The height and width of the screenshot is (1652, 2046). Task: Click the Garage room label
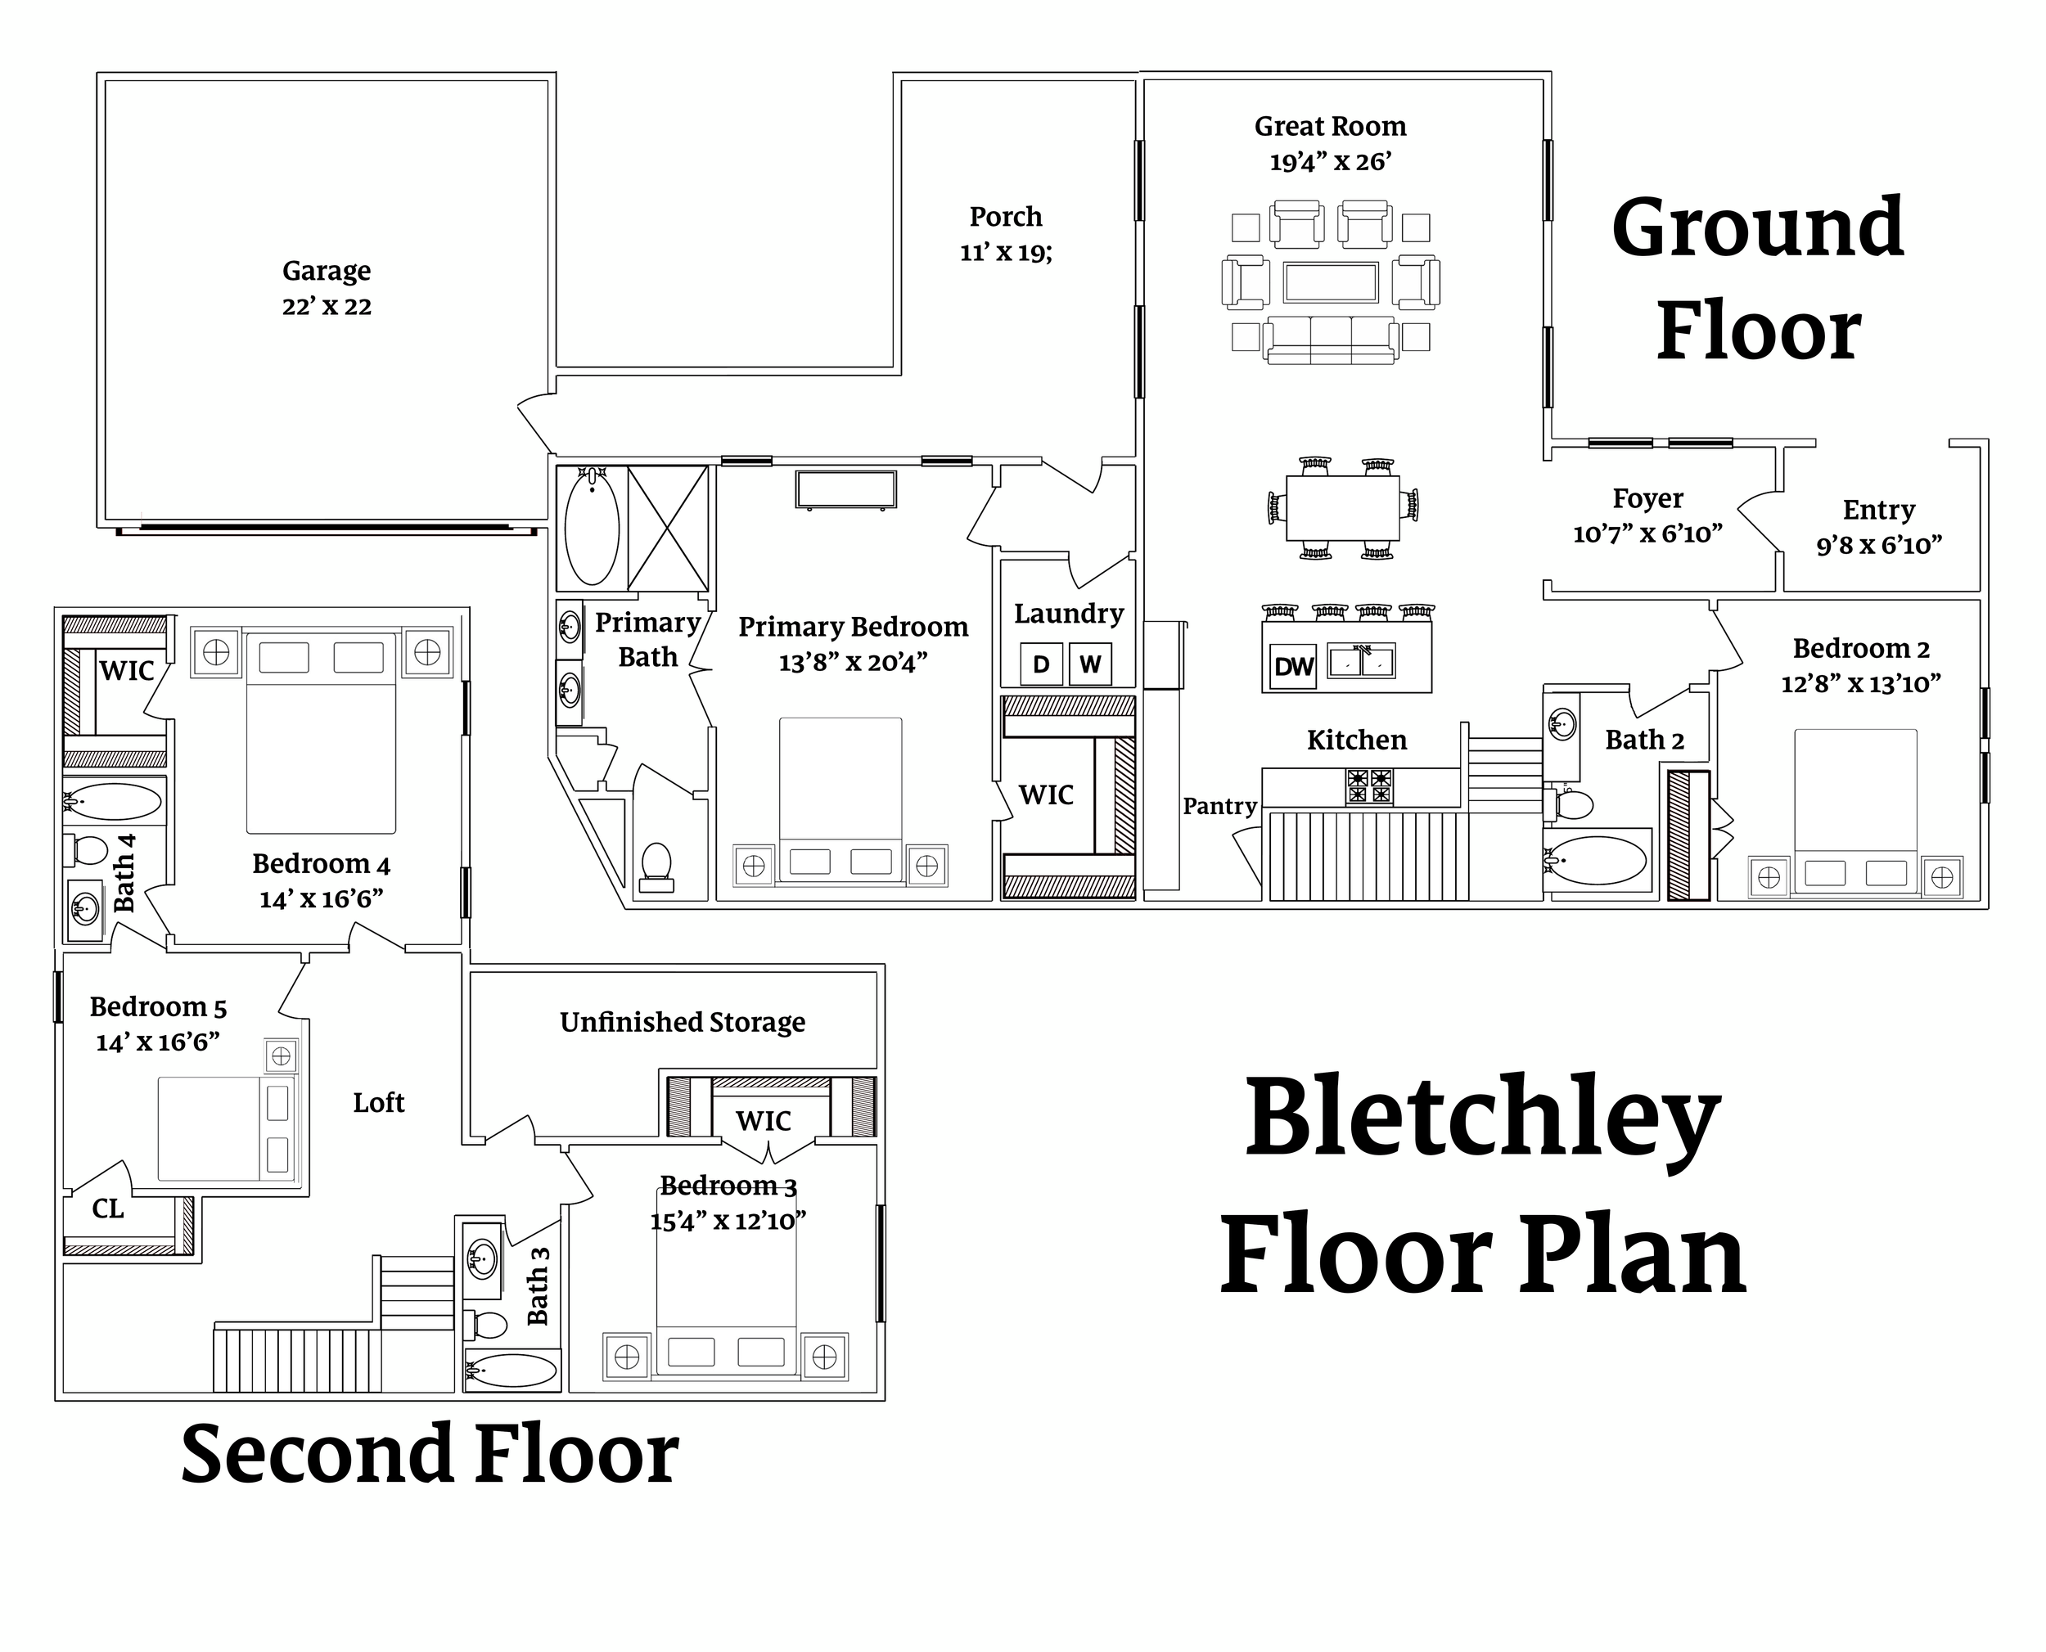pyautogui.click(x=327, y=271)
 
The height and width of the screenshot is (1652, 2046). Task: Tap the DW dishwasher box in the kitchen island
pyautogui.click(x=1293, y=666)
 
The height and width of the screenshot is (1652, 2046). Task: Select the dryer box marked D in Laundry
pyautogui.click(x=1041, y=664)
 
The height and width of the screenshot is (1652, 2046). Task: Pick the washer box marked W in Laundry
pyautogui.click(x=1089, y=664)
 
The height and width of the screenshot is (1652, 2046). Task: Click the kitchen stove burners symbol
pyautogui.click(x=1369, y=786)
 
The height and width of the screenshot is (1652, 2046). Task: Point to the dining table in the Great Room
pyautogui.click(x=1343, y=506)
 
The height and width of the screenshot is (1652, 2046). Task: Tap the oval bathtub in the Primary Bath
pyautogui.click(x=592, y=526)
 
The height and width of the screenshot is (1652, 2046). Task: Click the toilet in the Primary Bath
pyautogui.click(x=656, y=868)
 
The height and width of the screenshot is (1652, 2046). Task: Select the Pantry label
pyautogui.click(x=1220, y=806)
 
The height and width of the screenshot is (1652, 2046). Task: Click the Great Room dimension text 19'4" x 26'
pyautogui.click(x=1331, y=162)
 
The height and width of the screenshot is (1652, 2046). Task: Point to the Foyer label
pyautogui.click(x=1648, y=498)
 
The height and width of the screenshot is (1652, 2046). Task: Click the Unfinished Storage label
pyautogui.click(x=683, y=1022)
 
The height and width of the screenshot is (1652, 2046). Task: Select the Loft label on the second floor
pyautogui.click(x=379, y=1102)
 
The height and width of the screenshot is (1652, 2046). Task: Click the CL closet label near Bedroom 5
pyautogui.click(x=107, y=1209)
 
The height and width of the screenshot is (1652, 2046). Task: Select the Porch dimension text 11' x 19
pyautogui.click(x=1006, y=252)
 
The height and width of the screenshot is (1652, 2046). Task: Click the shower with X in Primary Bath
pyautogui.click(x=668, y=528)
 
